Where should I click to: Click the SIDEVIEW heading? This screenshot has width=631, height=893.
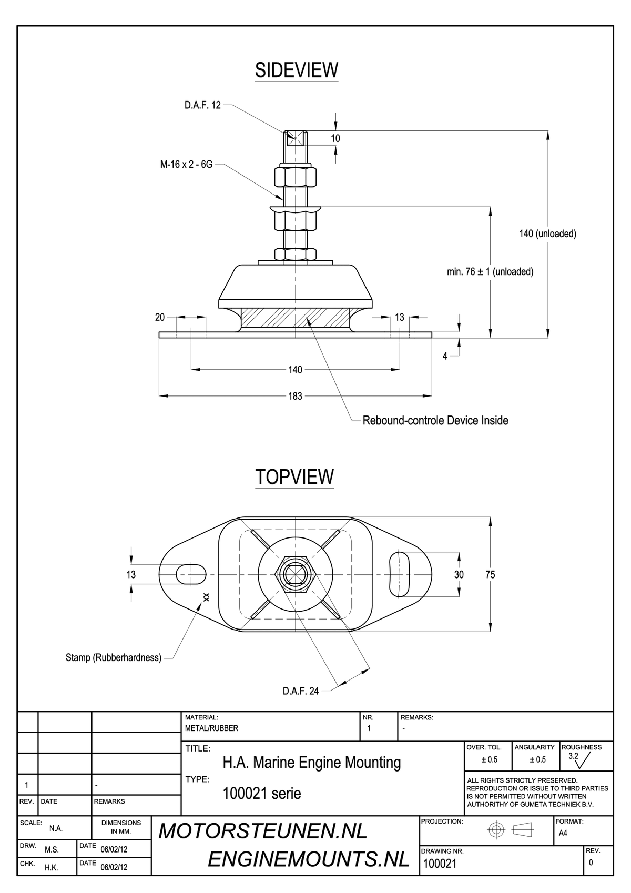click(297, 70)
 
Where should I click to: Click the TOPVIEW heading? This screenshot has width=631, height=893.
click(294, 477)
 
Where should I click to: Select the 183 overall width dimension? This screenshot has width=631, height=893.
click(296, 396)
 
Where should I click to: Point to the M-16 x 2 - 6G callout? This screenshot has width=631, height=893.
click(186, 164)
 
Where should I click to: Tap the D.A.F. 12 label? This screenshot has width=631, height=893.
click(202, 105)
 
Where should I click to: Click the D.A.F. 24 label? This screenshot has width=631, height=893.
click(301, 691)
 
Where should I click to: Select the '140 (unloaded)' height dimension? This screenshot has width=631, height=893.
click(548, 234)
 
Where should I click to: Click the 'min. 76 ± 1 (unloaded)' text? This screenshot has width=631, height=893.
click(490, 272)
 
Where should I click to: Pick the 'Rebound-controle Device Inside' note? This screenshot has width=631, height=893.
click(435, 421)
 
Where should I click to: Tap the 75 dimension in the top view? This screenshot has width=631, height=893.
click(490, 574)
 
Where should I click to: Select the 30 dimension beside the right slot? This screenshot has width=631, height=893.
click(459, 574)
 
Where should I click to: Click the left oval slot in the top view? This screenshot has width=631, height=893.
click(191, 574)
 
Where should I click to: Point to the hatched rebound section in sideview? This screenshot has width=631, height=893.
click(296, 318)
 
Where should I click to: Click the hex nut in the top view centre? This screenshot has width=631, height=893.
click(296, 574)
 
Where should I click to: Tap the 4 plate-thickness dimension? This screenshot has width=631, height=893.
click(445, 356)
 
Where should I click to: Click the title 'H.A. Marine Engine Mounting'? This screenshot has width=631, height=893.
click(312, 763)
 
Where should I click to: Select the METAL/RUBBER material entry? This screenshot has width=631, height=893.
click(212, 728)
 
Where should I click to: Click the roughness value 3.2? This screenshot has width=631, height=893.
click(573, 756)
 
